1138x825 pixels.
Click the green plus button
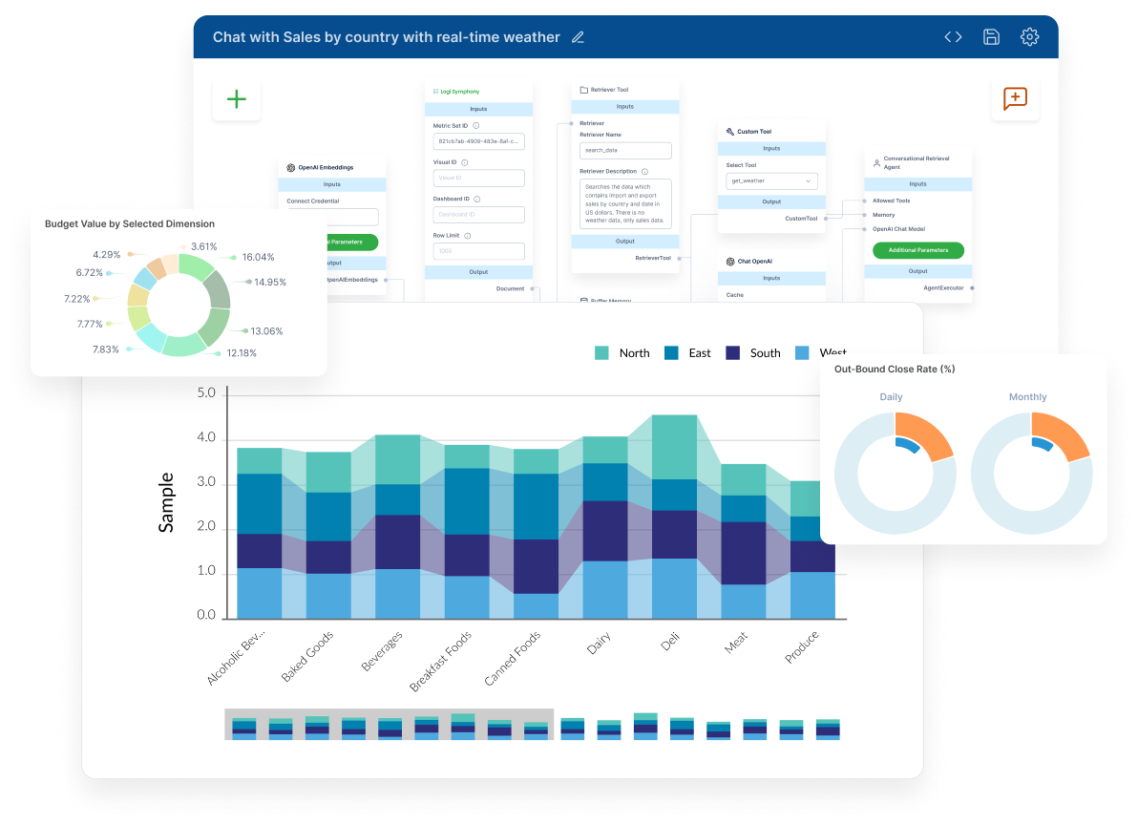coord(236,99)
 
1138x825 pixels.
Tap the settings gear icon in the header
coord(1029,37)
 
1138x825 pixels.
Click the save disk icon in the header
coord(991,37)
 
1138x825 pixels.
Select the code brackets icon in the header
coord(953,37)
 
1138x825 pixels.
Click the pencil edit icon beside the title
coord(578,38)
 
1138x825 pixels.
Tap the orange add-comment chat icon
coord(1015,98)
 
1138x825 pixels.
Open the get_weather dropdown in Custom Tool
coord(771,180)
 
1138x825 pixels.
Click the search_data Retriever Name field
coord(625,151)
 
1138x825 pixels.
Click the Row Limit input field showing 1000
coord(478,251)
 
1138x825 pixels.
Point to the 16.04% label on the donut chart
coord(258,257)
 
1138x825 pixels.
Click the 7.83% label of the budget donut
coord(106,349)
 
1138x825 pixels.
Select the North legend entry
coord(622,353)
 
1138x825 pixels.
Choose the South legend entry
coord(753,353)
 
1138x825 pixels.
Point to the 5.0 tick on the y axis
coord(206,393)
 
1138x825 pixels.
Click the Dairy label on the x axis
coord(599,645)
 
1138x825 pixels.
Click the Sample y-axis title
coord(166,502)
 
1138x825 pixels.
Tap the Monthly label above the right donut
coord(1027,397)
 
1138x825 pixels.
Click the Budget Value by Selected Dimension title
coord(130,223)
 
